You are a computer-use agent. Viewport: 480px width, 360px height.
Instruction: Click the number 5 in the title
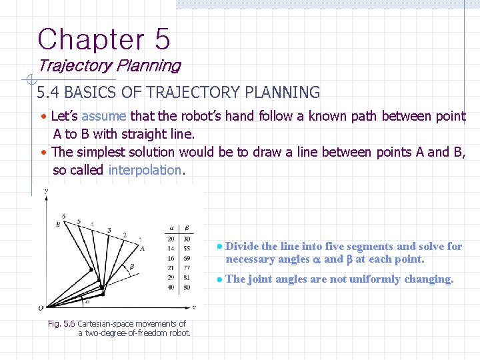pos(162,39)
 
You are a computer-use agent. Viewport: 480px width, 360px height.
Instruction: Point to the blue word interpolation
pos(145,169)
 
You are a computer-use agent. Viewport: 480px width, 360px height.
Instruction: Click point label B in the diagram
pos(58,224)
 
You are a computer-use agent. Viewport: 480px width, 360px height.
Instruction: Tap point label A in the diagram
pos(142,247)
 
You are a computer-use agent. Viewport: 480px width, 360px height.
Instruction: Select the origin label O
pos(41,308)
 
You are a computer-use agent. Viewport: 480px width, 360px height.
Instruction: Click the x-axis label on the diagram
pos(193,307)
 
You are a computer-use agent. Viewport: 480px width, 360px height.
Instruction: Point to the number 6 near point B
pos(63,216)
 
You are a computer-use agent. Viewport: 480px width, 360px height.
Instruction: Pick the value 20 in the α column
pos(171,238)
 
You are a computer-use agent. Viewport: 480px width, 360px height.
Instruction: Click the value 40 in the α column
pos(171,287)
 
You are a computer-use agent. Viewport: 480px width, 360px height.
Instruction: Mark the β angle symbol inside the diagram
pos(132,266)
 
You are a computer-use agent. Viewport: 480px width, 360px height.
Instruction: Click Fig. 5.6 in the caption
pos(63,324)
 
